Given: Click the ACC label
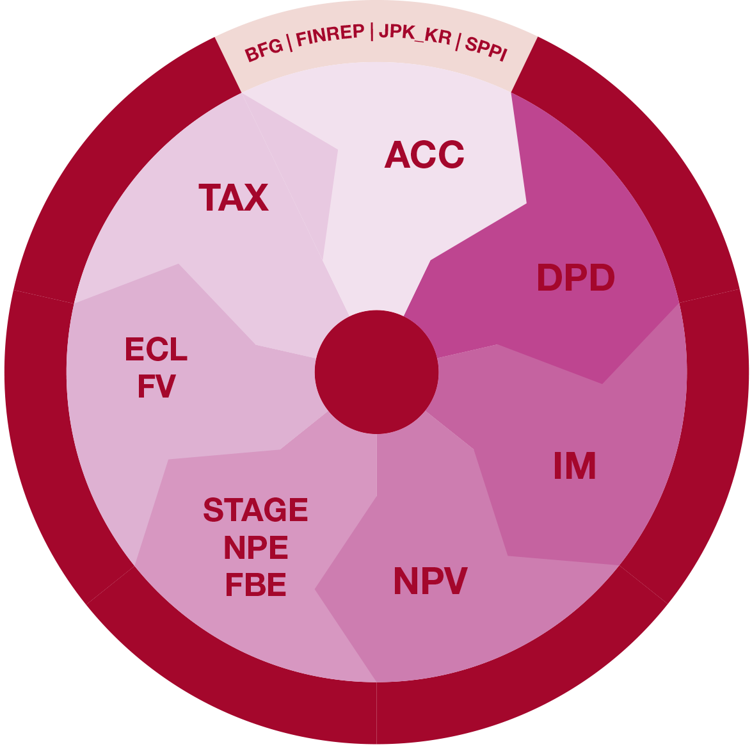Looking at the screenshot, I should pos(424,156).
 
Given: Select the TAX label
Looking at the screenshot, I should pos(234,198).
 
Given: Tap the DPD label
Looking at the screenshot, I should pos(575,278).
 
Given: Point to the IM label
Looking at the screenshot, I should pos(575,466).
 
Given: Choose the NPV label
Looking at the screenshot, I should pos(430,582).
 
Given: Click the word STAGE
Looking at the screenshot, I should pos(255,510).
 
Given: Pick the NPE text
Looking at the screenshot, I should pos(256,548).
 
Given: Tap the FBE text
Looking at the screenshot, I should pos(255,586).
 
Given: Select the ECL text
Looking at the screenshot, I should pos(156,350).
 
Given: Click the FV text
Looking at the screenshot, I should pos(156,387).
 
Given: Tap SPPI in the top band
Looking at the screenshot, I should pos(486,48).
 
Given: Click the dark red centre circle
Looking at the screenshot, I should pos(376,372).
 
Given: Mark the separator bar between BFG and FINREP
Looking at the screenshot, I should pos(290,42).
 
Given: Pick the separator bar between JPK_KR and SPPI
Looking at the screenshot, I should pos(458,40).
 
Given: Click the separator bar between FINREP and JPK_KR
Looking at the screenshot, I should pos(372,32).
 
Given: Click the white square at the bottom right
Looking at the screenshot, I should pos(702,701).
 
